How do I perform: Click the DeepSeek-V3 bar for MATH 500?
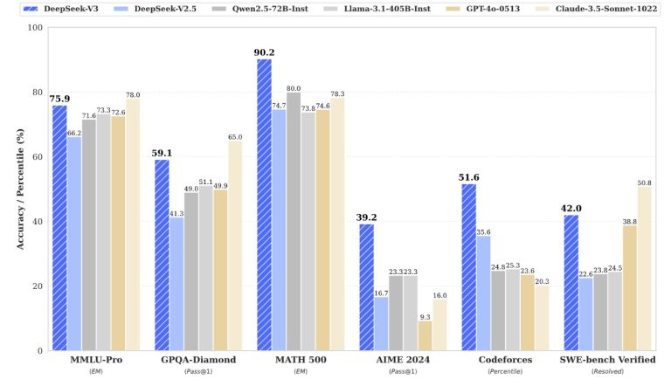click(265, 204)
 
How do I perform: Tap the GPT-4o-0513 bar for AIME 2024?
click(425, 335)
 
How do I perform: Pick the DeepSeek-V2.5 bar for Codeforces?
click(483, 293)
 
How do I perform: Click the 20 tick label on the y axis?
click(37, 286)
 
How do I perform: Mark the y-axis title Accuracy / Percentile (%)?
click(19, 189)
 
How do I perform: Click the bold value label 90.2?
click(264, 52)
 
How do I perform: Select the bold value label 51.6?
click(469, 177)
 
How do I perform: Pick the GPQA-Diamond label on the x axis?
click(198, 361)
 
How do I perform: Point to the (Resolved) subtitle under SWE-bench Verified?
click(607, 372)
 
